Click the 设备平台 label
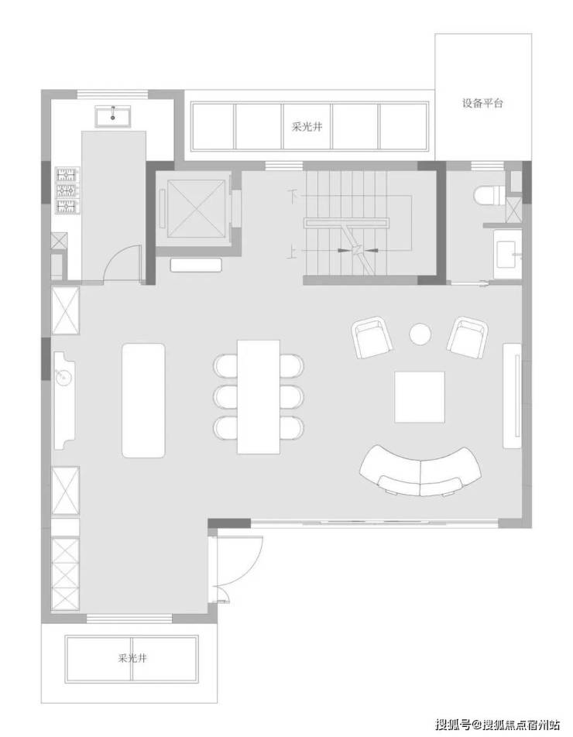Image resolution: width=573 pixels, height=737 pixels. pyautogui.click(x=482, y=103)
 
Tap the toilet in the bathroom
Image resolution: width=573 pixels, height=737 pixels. pyautogui.click(x=489, y=196)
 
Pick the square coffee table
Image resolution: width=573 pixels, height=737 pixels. pyautogui.click(x=420, y=396)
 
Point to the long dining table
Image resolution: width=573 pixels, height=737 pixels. pyautogui.click(x=259, y=396)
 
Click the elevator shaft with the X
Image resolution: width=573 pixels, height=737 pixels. pyautogui.click(x=195, y=207)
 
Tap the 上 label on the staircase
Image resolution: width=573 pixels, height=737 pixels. pyautogui.click(x=293, y=253)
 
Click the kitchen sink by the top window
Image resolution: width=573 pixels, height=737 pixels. pyautogui.click(x=113, y=116)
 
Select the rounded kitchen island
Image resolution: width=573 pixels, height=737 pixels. pyautogui.click(x=144, y=400)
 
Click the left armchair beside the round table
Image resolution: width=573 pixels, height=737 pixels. pyautogui.click(x=372, y=338)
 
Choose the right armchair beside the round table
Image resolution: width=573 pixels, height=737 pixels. pyautogui.click(x=467, y=337)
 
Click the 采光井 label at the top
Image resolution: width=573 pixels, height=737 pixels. pyautogui.click(x=307, y=127)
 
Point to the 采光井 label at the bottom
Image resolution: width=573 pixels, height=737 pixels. pyautogui.click(x=132, y=657)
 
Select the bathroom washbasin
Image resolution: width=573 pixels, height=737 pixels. pyautogui.click(x=507, y=254)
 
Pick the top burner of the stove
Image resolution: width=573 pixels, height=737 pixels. pyautogui.click(x=67, y=175)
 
